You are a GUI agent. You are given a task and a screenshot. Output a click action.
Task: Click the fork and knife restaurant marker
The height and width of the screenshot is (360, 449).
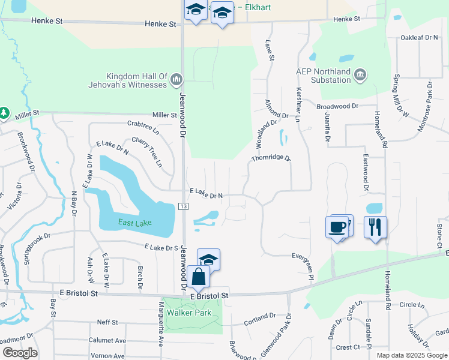coord(376,227)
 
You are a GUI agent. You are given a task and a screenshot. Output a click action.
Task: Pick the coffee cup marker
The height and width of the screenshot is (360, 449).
coord(337,227)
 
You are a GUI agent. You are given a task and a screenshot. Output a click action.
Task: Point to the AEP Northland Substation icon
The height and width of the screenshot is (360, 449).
coord(360,74)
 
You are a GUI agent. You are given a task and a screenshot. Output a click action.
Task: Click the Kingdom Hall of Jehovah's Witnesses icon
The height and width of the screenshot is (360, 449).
coord(176,79)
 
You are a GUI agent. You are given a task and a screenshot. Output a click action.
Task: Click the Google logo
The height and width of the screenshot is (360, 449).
coord(20,353)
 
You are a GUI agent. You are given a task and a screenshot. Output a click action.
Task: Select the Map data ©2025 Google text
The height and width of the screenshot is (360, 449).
coord(411,355)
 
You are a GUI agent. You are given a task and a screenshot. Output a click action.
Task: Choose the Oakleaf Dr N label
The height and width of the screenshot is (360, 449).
coord(420,38)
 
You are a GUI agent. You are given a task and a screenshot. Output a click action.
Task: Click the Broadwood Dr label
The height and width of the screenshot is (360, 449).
coord(337,106)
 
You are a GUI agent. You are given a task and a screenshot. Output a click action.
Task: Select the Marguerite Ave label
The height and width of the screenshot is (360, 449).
coord(161,331)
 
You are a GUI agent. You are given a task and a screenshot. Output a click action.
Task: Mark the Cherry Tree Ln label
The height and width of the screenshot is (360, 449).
coord(147,151)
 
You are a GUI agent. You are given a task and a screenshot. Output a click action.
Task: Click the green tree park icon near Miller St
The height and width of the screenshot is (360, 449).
coord(4,113)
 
